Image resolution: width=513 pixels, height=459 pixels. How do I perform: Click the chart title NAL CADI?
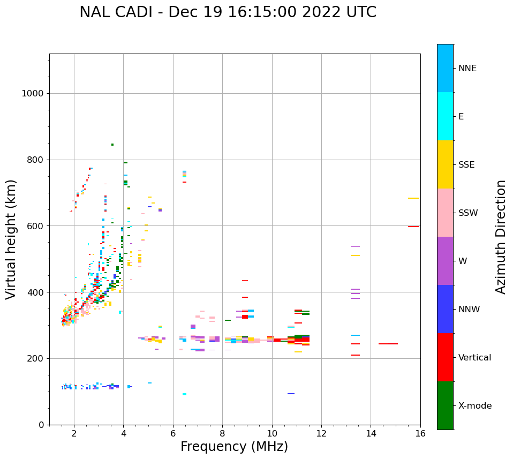(x=228, y=12)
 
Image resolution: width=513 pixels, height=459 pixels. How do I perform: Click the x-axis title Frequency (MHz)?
(x=234, y=447)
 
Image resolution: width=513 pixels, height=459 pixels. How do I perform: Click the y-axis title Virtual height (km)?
(x=11, y=239)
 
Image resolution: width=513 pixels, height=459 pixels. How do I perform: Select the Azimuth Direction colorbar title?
(x=501, y=236)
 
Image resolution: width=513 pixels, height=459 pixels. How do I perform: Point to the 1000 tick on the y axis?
(x=32, y=93)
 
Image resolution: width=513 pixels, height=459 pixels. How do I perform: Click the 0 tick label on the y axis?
(x=41, y=425)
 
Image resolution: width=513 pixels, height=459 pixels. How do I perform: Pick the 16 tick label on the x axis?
(x=420, y=433)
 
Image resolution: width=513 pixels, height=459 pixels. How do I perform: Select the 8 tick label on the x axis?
(x=222, y=433)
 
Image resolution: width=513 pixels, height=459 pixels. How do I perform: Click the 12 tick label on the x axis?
(x=321, y=433)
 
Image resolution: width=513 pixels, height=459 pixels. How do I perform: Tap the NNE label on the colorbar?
(x=467, y=69)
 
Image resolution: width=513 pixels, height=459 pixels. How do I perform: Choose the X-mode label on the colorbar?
(x=475, y=406)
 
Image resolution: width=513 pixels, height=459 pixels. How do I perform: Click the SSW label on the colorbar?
(x=468, y=213)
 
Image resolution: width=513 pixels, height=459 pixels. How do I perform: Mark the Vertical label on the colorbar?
(x=474, y=358)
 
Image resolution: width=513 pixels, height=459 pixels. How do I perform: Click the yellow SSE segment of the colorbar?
(x=445, y=164)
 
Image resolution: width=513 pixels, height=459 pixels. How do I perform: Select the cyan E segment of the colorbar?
(x=445, y=116)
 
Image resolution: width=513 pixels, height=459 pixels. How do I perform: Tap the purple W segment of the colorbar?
(x=445, y=261)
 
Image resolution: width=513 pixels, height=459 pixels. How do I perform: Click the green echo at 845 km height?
(x=112, y=145)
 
